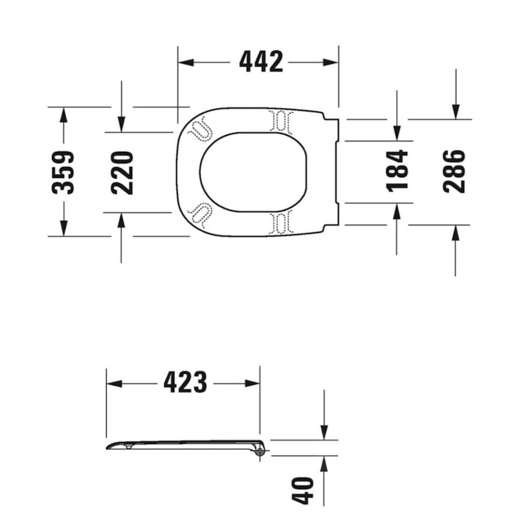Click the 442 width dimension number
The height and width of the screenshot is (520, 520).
tap(261, 62)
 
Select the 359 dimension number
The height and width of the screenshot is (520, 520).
tap(63, 172)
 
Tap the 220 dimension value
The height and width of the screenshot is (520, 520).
tap(123, 172)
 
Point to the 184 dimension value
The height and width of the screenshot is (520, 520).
tap(397, 171)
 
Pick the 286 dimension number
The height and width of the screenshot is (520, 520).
tap(454, 171)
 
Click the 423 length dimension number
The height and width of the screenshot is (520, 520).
tap(185, 383)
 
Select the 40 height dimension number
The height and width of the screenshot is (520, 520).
tap(305, 490)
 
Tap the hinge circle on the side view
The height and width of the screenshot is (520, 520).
tap(260, 452)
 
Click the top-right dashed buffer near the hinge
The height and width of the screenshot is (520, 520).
tap(280, 121)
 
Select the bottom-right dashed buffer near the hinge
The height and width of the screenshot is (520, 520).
tap(280, 222)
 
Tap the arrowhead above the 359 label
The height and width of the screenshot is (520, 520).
tap(63, 115)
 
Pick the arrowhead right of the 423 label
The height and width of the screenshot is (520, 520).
tap(253, 384)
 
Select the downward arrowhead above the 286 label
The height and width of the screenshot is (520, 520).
tap(456, 111)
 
